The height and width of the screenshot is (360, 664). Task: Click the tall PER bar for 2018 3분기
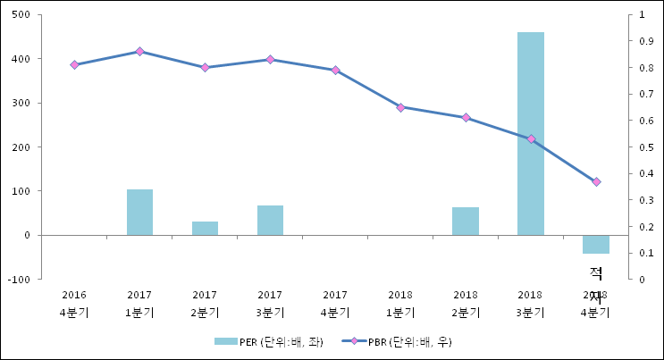click(531, 134)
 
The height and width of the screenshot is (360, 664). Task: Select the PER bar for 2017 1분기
click(139, 213)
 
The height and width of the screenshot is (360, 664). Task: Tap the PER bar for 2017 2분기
click(205, 228)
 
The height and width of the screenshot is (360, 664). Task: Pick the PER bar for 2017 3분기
click(270, 221)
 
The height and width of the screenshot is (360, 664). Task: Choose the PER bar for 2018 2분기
click(466, 222)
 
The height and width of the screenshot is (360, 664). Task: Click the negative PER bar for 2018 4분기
click(596, 244)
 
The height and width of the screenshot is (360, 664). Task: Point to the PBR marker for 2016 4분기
click(75, 64)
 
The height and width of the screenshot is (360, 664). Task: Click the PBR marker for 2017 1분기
click(139, 52)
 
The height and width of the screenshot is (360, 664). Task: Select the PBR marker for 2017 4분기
click(335, 70)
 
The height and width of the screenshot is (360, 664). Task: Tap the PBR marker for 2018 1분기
click(400, 107)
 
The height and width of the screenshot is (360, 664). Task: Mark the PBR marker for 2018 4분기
click(596, 182)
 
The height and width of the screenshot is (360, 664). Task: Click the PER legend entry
click(268, 341)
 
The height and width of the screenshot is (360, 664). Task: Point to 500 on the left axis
click(21, 15)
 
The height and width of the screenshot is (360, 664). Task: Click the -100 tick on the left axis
click(19, 280)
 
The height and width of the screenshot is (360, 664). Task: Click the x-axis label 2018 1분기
click(400, 304)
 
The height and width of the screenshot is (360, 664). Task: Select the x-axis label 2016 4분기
click(75, 304)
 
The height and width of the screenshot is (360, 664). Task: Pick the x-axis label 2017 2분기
click(205, 304)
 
